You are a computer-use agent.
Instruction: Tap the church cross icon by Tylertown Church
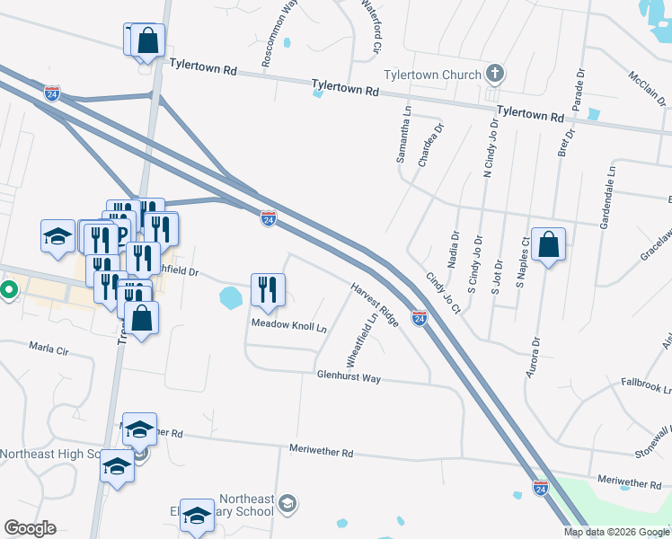(494, 73)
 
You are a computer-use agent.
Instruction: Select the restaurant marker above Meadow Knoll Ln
(268, 289)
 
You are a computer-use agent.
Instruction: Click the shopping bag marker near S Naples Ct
(548, 243)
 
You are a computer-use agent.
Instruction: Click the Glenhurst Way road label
(349, 378)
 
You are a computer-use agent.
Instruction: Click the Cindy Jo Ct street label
(443, 295)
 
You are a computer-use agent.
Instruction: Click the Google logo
(30, 528)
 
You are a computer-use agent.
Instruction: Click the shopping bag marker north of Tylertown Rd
(148, 41)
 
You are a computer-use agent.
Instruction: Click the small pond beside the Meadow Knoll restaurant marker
(231, 296)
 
